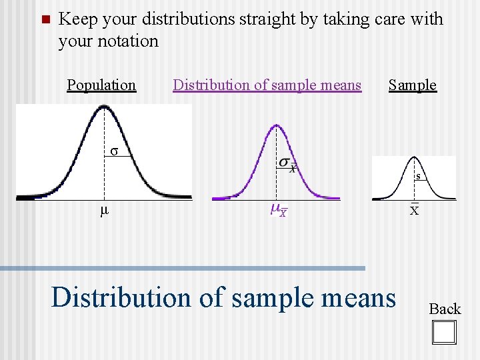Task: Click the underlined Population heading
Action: click(x=101, y=85)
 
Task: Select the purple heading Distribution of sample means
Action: click(x=267, y=85)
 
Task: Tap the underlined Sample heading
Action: click(x=412, y=85)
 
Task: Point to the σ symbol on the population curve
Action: click(x=114, y=151)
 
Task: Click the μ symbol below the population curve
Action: click(x=103, y=211)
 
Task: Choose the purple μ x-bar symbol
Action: click(x=279, y=211)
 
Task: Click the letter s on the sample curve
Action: click(x=417, y=177)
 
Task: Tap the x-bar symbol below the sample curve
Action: click(x=414, y=210)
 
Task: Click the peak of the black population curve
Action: click(x=104, y=110)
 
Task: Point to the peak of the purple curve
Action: click(x=275, y=125)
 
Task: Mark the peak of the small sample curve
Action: click(x=414, y=160)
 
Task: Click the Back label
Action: click(x=444, y=309)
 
